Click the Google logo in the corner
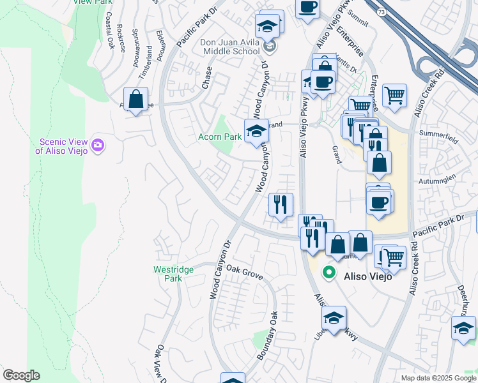[x=21, y=375]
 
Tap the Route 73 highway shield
[x=382, y=12]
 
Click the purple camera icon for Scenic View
[x=98, y=146]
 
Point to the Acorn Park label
[x=219, y=137]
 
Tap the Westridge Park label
[x=173, y=274]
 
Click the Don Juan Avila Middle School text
[x=231, y=47]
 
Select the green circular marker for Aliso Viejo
[x=329, y=273]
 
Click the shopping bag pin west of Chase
[x=135, y=100]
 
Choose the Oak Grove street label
[x=244, y=271]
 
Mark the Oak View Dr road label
[x=161, y=364]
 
